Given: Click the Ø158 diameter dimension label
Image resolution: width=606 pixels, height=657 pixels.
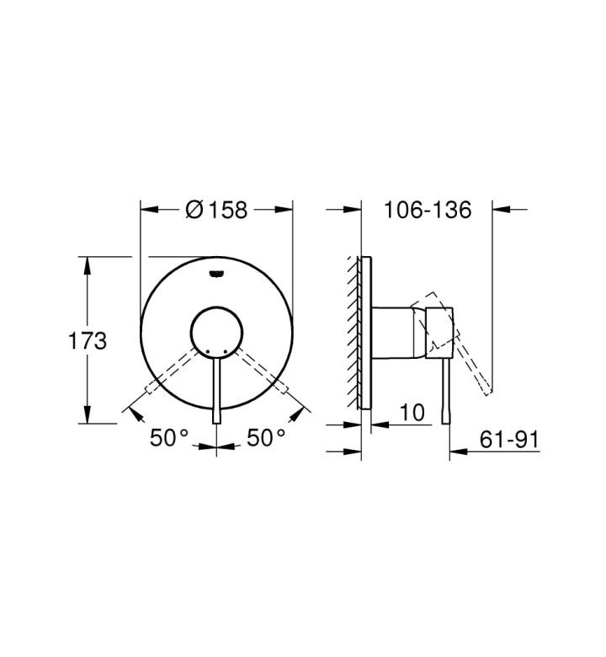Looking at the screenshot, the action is pyautogui.click(x=216, y=210).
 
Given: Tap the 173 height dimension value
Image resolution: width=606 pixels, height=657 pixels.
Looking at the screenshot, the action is pyautogui.click(x=88, y=340).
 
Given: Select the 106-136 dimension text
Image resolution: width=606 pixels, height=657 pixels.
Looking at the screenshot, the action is pyautogui.click(x=428, y=210).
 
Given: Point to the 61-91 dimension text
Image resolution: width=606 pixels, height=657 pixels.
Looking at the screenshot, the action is pyautogui.click(x=509, y=440).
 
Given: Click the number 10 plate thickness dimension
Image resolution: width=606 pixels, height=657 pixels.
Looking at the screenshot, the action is pyautogui.click(x=412, y=413).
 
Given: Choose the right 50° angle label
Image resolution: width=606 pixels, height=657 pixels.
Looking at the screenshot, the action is pyautogui.click(x=266, y=438).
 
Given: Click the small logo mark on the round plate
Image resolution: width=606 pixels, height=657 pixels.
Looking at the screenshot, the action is pyautogui.click(x=216, y=274).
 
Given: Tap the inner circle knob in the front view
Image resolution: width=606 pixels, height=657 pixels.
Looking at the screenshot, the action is pyautogui.click(x=216, y=333).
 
